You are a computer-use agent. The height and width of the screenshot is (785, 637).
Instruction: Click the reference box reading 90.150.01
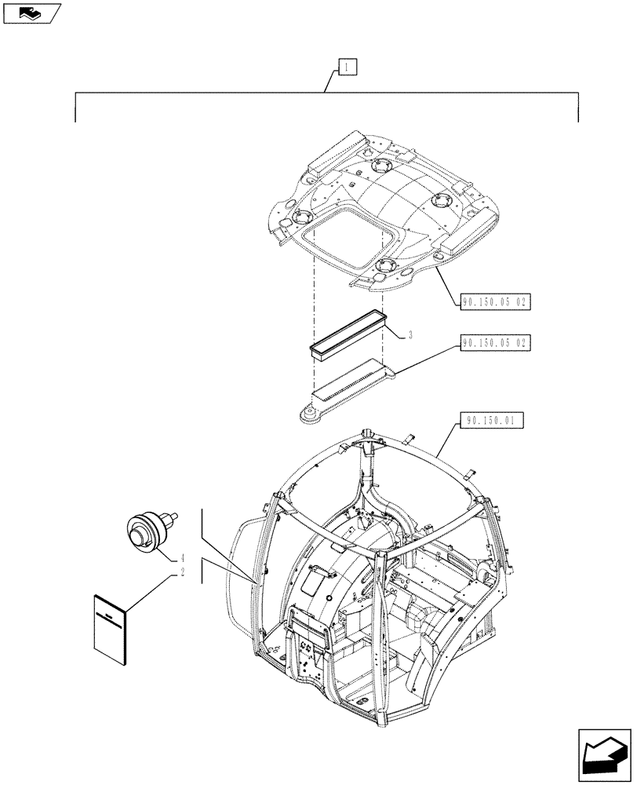(x=489, y=421)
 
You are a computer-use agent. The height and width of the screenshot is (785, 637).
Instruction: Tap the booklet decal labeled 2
(x=110, y=623)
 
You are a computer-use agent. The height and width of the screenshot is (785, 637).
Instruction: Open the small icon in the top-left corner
(x=31, y=13)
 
